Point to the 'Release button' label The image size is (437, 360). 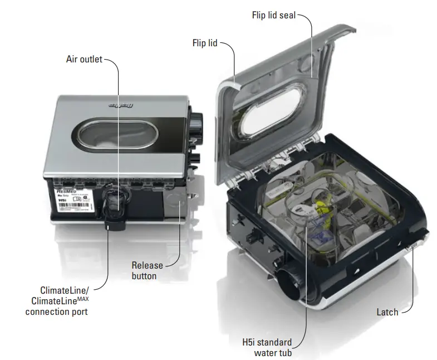click(148, 270)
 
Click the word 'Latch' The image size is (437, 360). click(387, 312)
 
